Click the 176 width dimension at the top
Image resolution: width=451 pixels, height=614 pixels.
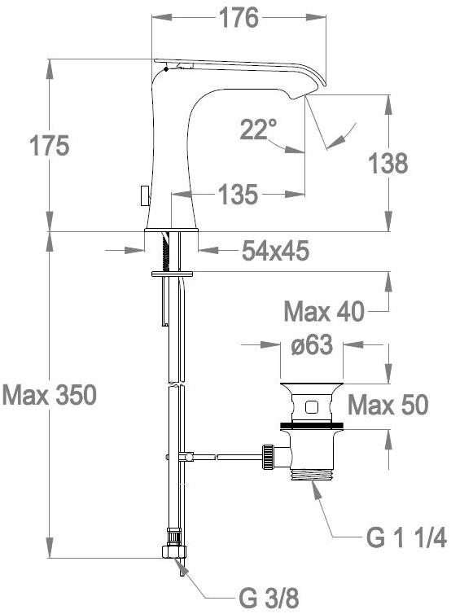239,18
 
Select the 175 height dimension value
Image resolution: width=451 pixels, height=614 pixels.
50,146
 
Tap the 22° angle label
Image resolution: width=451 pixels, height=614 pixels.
258,129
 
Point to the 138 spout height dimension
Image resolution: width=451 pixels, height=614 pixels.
388,164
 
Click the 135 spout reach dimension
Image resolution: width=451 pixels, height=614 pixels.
239,195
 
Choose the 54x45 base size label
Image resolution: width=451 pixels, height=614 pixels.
276,250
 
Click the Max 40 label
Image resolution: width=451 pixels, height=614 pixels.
324,312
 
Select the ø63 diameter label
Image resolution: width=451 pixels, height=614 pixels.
312,345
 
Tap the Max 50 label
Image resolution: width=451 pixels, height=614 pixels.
388,405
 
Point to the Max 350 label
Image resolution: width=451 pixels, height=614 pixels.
50,395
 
